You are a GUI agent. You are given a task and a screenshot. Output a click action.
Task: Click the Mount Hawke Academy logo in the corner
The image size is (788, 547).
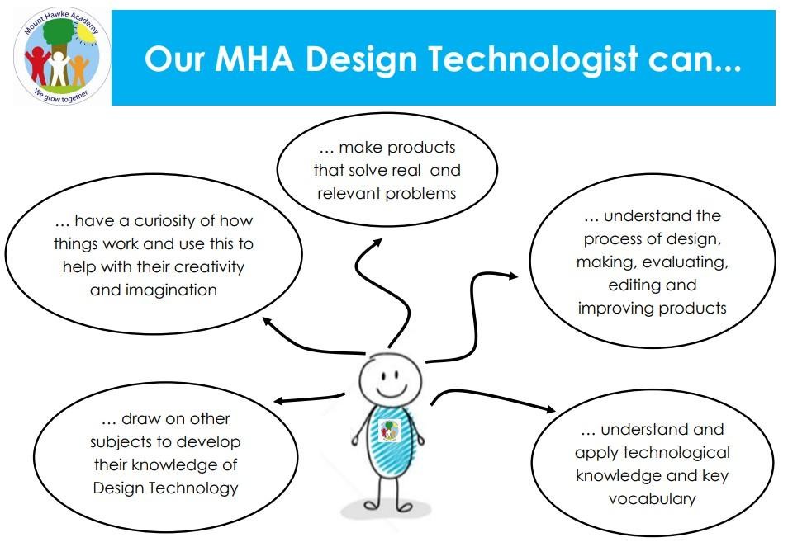click(62, 56)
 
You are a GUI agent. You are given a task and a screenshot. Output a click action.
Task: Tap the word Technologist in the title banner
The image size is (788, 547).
click(533, 59)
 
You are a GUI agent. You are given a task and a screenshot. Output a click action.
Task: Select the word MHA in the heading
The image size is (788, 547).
click(254, 59)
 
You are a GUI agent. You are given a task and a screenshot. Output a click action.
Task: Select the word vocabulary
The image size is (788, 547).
click(653, 499)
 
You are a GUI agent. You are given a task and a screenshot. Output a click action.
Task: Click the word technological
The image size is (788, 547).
click(676, 453)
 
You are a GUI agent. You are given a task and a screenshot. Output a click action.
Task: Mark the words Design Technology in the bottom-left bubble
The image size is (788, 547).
click(165, 488)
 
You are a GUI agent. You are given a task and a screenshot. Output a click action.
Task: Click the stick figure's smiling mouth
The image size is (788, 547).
click(392, 391)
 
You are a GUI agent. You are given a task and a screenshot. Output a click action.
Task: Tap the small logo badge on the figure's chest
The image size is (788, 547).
click(390, 431)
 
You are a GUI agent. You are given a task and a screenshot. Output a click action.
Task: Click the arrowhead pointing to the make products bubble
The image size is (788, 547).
click(377, 243)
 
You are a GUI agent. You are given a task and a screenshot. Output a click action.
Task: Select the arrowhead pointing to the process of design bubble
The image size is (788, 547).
click(511, 276)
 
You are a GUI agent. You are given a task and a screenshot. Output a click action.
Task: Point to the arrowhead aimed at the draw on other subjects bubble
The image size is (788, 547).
click(280, 402)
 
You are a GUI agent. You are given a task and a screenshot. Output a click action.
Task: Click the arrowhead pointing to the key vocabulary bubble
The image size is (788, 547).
click(549, 409)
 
